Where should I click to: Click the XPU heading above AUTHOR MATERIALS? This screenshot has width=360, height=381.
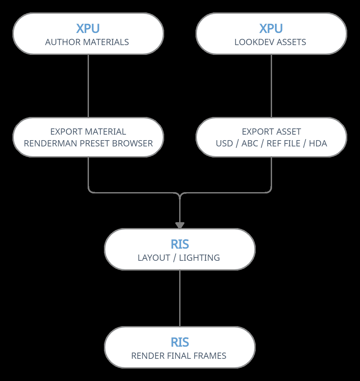[88, 28]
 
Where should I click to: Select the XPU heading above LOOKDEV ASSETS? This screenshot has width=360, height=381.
[271, 28]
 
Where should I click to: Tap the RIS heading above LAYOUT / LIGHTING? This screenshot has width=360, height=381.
[180, 244]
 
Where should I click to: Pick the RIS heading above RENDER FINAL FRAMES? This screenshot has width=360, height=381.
[180, 342]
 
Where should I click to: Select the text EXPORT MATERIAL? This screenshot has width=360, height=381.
[88, 132]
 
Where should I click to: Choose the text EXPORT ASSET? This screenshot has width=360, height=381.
[271, 132]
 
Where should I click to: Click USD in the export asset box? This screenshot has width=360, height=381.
[224, 143]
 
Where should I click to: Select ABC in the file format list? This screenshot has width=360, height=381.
[250, 143]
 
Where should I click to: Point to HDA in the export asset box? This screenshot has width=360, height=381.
[318, 143]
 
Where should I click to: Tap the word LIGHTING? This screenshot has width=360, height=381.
[199, 258]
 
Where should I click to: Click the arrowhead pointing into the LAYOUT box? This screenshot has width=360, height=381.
[180, 225]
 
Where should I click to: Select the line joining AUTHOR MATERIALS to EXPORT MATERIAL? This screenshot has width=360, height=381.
[88, 86]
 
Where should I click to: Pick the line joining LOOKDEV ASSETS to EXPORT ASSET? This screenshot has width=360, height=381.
[271, 86]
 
